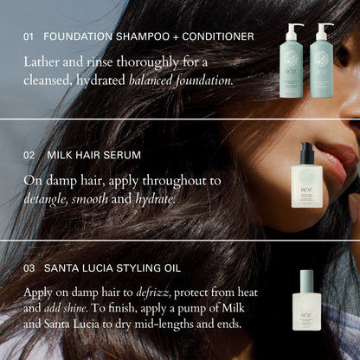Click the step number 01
[29, 36]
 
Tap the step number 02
[29, 155]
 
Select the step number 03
[29, 268]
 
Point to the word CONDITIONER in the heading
[217, 36]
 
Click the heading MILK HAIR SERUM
[93, 155]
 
